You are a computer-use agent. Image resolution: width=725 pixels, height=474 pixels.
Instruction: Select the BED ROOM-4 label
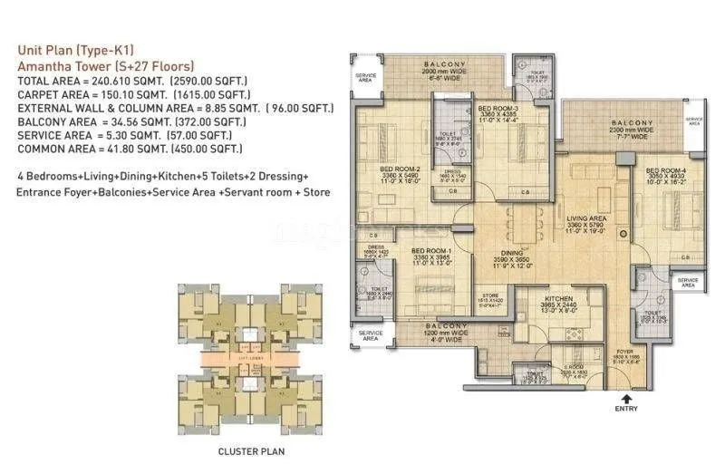point(665,169)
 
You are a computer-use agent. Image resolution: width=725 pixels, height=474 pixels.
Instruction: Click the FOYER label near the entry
point(625,351)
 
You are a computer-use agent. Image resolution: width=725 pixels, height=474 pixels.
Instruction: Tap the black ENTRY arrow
point(625,396)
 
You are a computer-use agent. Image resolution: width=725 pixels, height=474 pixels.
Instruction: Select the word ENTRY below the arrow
point(625,409)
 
